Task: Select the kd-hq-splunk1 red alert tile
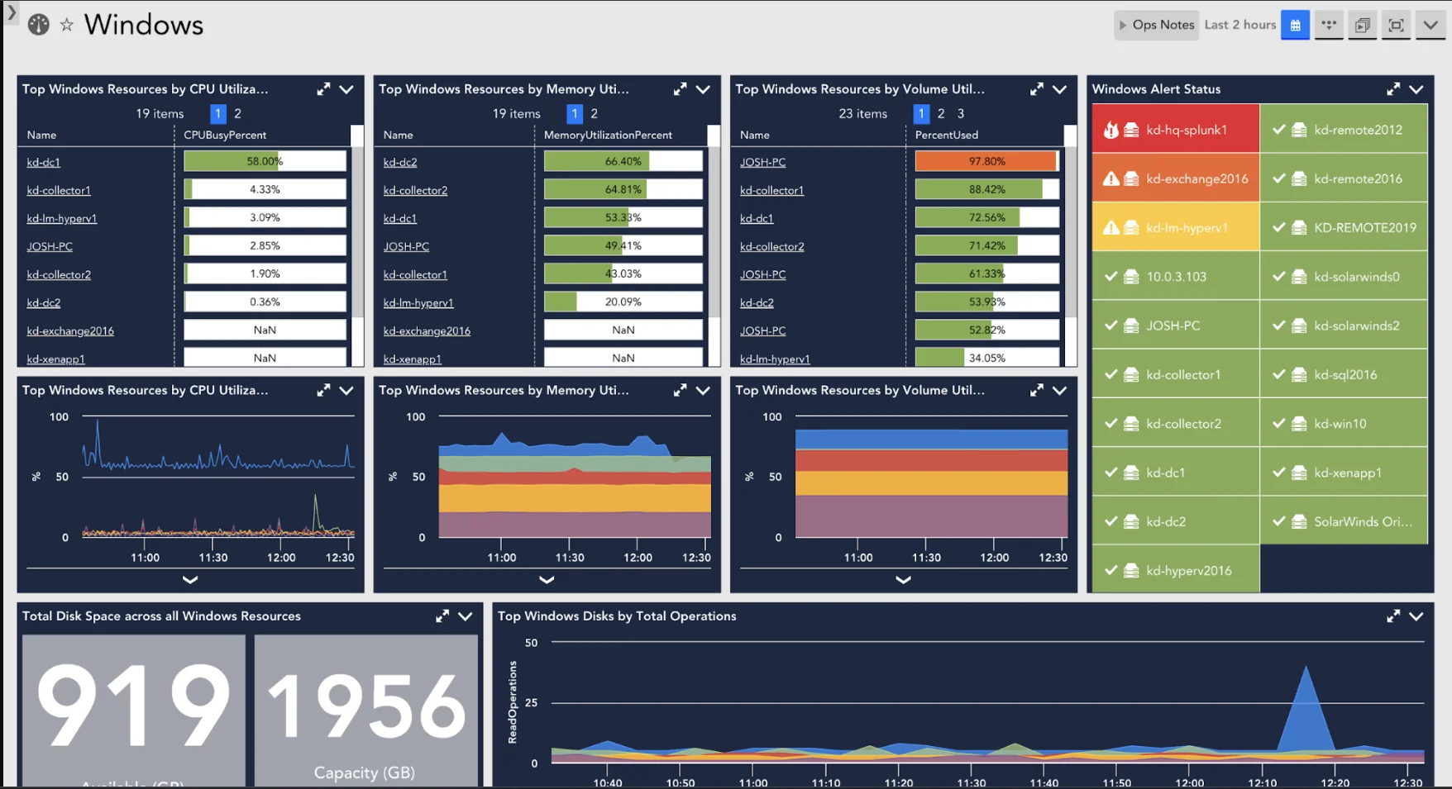point(1175,130)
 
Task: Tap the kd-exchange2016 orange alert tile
point(1175,178)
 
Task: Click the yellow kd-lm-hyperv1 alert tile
point(1175,228)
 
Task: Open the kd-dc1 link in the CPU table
point(43,163)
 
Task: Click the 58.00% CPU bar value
point(265,161)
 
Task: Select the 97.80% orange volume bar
point(986,161)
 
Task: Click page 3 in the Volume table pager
point(960,114)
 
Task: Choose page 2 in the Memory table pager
point(594,114)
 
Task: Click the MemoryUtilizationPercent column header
point(608,135)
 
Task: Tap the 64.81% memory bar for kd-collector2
point(623,189)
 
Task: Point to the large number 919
point(133,706)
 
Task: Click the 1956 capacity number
point(365,706)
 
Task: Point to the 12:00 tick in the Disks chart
point(1189,782)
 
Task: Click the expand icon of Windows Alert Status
point(1393,89)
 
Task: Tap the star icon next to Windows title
point(67,25)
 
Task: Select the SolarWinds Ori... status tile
point(1344,521)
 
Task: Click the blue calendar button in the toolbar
point(1295,25)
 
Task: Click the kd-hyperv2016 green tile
point(1175,571)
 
